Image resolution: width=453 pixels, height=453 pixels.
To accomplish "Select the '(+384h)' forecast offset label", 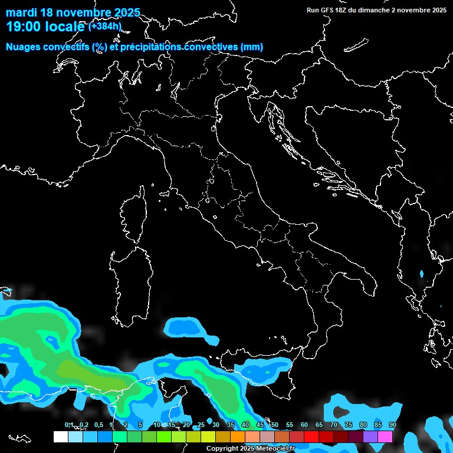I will click(x=105, y=26).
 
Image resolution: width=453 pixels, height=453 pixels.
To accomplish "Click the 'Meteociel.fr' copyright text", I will click(x=272, y=449).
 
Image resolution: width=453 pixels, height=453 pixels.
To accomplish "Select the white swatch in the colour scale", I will click(x=60, y=436).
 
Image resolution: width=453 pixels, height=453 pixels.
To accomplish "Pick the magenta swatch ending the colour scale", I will click(x=385, y=436).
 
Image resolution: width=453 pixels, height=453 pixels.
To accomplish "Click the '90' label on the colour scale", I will click(x=392, y=425).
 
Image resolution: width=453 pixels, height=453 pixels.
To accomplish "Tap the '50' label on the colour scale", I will click(x=275, y=425).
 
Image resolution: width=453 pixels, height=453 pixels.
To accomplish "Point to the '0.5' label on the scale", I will click(x=99, y=425).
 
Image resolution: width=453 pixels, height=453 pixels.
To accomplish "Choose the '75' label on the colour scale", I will click(x=348, y=425).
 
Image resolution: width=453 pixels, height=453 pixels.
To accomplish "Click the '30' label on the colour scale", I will click(x=216, y=425).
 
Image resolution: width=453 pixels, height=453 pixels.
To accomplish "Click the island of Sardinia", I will click(x=129, y=283).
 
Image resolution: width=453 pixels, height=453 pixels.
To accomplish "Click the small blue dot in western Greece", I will click(x=421, y=274).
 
